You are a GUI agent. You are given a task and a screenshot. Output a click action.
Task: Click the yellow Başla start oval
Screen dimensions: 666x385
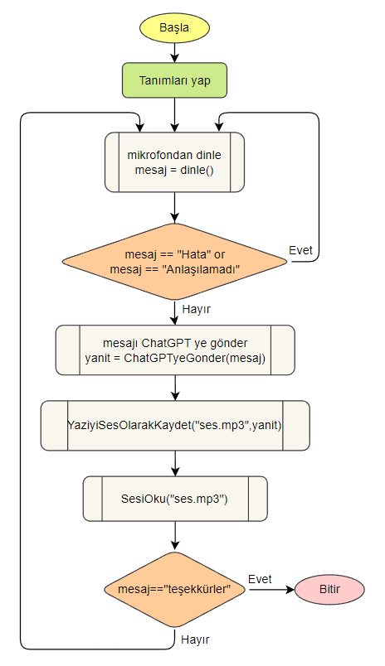point(174,27)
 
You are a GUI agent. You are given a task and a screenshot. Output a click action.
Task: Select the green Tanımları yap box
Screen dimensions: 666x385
point(174,81)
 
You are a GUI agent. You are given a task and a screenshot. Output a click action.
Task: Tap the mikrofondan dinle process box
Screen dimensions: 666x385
point(174,162)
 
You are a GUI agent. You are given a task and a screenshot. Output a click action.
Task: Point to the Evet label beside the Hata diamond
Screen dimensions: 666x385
point(301,249)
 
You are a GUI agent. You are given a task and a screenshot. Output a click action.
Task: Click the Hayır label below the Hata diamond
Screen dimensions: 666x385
point(192,308)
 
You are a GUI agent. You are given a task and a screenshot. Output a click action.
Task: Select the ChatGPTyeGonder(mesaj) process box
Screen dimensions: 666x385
point(174,350)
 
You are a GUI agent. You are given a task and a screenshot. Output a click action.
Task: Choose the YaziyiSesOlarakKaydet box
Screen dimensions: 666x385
point(174,425)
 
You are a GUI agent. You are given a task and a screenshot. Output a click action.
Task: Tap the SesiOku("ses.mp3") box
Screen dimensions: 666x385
point(174,499)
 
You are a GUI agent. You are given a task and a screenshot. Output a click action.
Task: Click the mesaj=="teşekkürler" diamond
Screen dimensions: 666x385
point(174,589)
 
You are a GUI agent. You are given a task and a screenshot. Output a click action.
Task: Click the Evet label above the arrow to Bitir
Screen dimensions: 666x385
point(261,577)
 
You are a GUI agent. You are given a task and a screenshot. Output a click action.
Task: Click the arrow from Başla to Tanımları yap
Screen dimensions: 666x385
point(174,52)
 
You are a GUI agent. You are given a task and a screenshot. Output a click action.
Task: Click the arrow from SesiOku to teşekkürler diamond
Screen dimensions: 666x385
point(174,537)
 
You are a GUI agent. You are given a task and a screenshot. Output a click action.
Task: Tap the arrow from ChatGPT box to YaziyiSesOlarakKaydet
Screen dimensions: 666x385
point(174,388)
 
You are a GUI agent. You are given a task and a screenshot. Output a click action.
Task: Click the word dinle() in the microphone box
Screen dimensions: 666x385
point(197,170)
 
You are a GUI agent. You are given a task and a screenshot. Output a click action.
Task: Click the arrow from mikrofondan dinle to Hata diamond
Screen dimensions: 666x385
point(174,207)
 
